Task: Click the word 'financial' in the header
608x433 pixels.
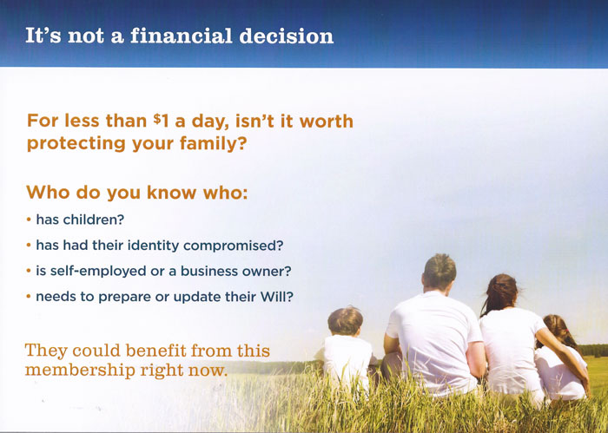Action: tap(181, 36)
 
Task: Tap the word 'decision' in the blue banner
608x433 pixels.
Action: tap(287, 36)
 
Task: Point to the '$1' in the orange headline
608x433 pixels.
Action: tap(162, 121)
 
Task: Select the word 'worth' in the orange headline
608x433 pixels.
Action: tap(326, 121)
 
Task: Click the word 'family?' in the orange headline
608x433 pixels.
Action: tap(214, 144)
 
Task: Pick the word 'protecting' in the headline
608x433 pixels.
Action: tap(76, 144)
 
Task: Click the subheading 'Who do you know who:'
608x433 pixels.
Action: tap(137, 192)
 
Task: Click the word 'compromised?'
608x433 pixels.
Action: tap(234, 246)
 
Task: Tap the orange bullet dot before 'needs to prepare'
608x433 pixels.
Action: tap(29, 297)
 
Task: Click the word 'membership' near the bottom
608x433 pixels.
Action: tap(80, 371)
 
